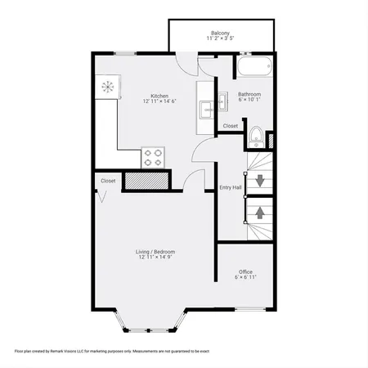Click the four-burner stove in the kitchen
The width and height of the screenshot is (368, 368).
pos(154,155)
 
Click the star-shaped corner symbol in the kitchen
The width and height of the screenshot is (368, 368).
pos(107,85)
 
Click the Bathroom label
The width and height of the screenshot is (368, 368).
pos(249,95)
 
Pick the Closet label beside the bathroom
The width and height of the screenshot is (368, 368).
pos(231,126)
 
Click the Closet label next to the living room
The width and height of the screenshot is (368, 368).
pos(108,181)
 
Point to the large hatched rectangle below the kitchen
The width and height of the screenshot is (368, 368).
pos(146,181)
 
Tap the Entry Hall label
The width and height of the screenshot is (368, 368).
pos(231,187)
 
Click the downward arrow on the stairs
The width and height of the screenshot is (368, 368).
pos(260,181)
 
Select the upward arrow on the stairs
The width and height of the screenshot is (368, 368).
pos(260,212)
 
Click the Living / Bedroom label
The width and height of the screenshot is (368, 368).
pos(155,252)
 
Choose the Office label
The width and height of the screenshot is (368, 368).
pos(245,272)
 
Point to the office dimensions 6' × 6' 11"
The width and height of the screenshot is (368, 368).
pos(245,278)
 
